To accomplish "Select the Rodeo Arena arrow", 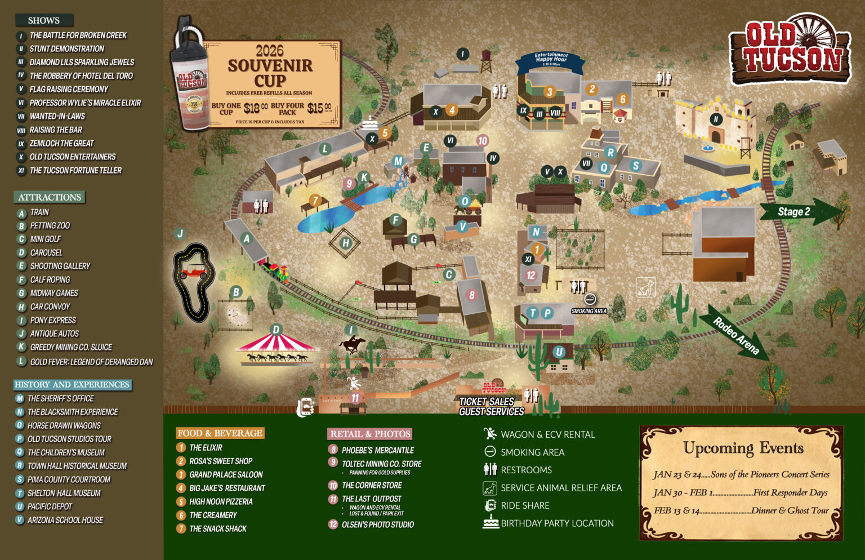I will coord(735,334).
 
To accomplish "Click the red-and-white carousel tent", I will coord(276,343).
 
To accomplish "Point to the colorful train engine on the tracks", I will coord(277,272).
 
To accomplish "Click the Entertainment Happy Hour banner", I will coord(551,59).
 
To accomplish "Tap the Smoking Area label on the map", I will coord(588,310).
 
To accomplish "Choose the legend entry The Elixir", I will coord(205,447).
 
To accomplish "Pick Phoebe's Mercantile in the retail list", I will coord(377,450).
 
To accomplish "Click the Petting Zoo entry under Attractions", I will coord(50,226).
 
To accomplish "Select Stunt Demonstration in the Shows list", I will coord(66,49).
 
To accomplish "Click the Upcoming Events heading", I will coord(743,448).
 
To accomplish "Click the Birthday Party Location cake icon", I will coord(491,522).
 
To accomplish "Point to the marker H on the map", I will coord(346,243).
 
